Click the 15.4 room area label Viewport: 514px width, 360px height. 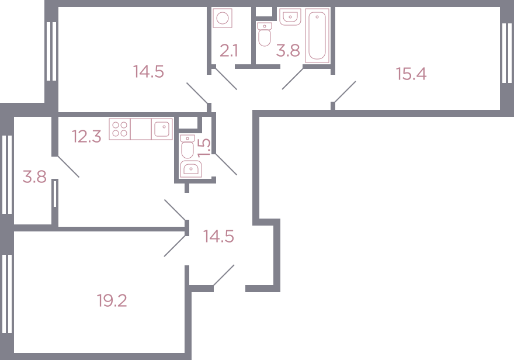(411, 74)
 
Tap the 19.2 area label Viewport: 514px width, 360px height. (112, 300)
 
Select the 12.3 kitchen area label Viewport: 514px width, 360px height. (86, 136)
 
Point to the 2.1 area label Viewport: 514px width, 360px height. (228, 51)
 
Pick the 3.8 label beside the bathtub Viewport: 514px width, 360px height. (288, 51)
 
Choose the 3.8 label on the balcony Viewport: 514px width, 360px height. (34, 176)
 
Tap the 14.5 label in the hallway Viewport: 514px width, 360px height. (218, 236)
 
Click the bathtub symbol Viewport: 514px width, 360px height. (317, 36)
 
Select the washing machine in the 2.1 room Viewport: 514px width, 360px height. (223, 18)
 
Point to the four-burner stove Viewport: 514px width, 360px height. (120, 129)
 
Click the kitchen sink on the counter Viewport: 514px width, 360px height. (162, 129)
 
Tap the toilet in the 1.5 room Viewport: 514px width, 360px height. (187, 147)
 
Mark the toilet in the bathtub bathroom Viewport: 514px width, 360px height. (265, 34)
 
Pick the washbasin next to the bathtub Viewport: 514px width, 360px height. (290, 17)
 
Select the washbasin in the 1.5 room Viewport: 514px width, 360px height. (191, 169)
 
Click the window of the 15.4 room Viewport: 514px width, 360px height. (507, 53)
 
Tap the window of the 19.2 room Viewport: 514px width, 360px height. (7, 294)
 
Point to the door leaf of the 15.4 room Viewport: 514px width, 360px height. (345, 92)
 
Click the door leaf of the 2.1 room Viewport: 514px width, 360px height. (226, 79)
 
